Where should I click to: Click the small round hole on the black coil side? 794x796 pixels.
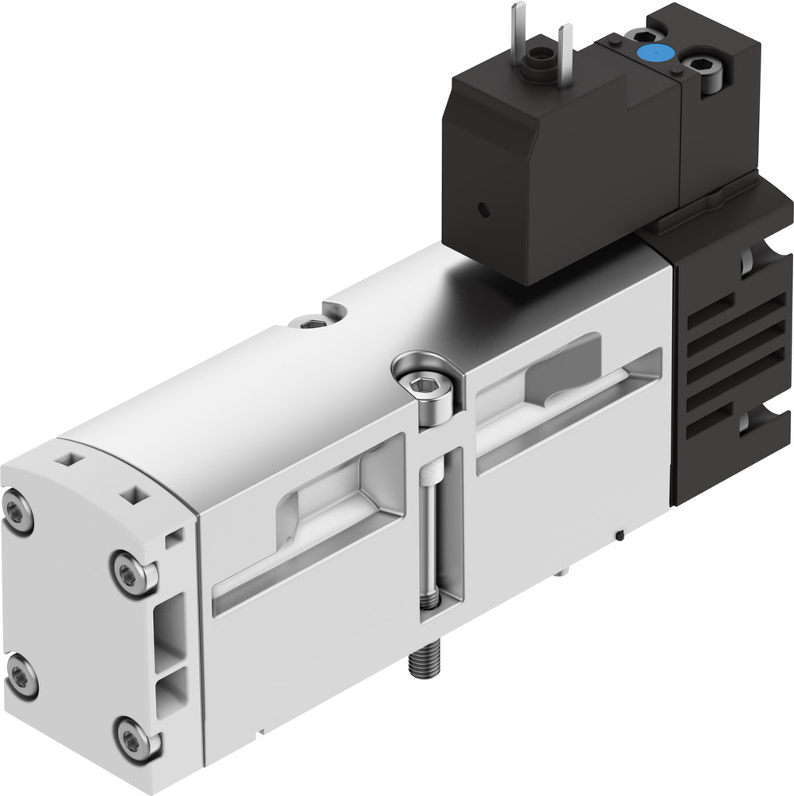tap(482, 210)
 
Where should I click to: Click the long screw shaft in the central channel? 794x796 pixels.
tap(430, 541)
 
